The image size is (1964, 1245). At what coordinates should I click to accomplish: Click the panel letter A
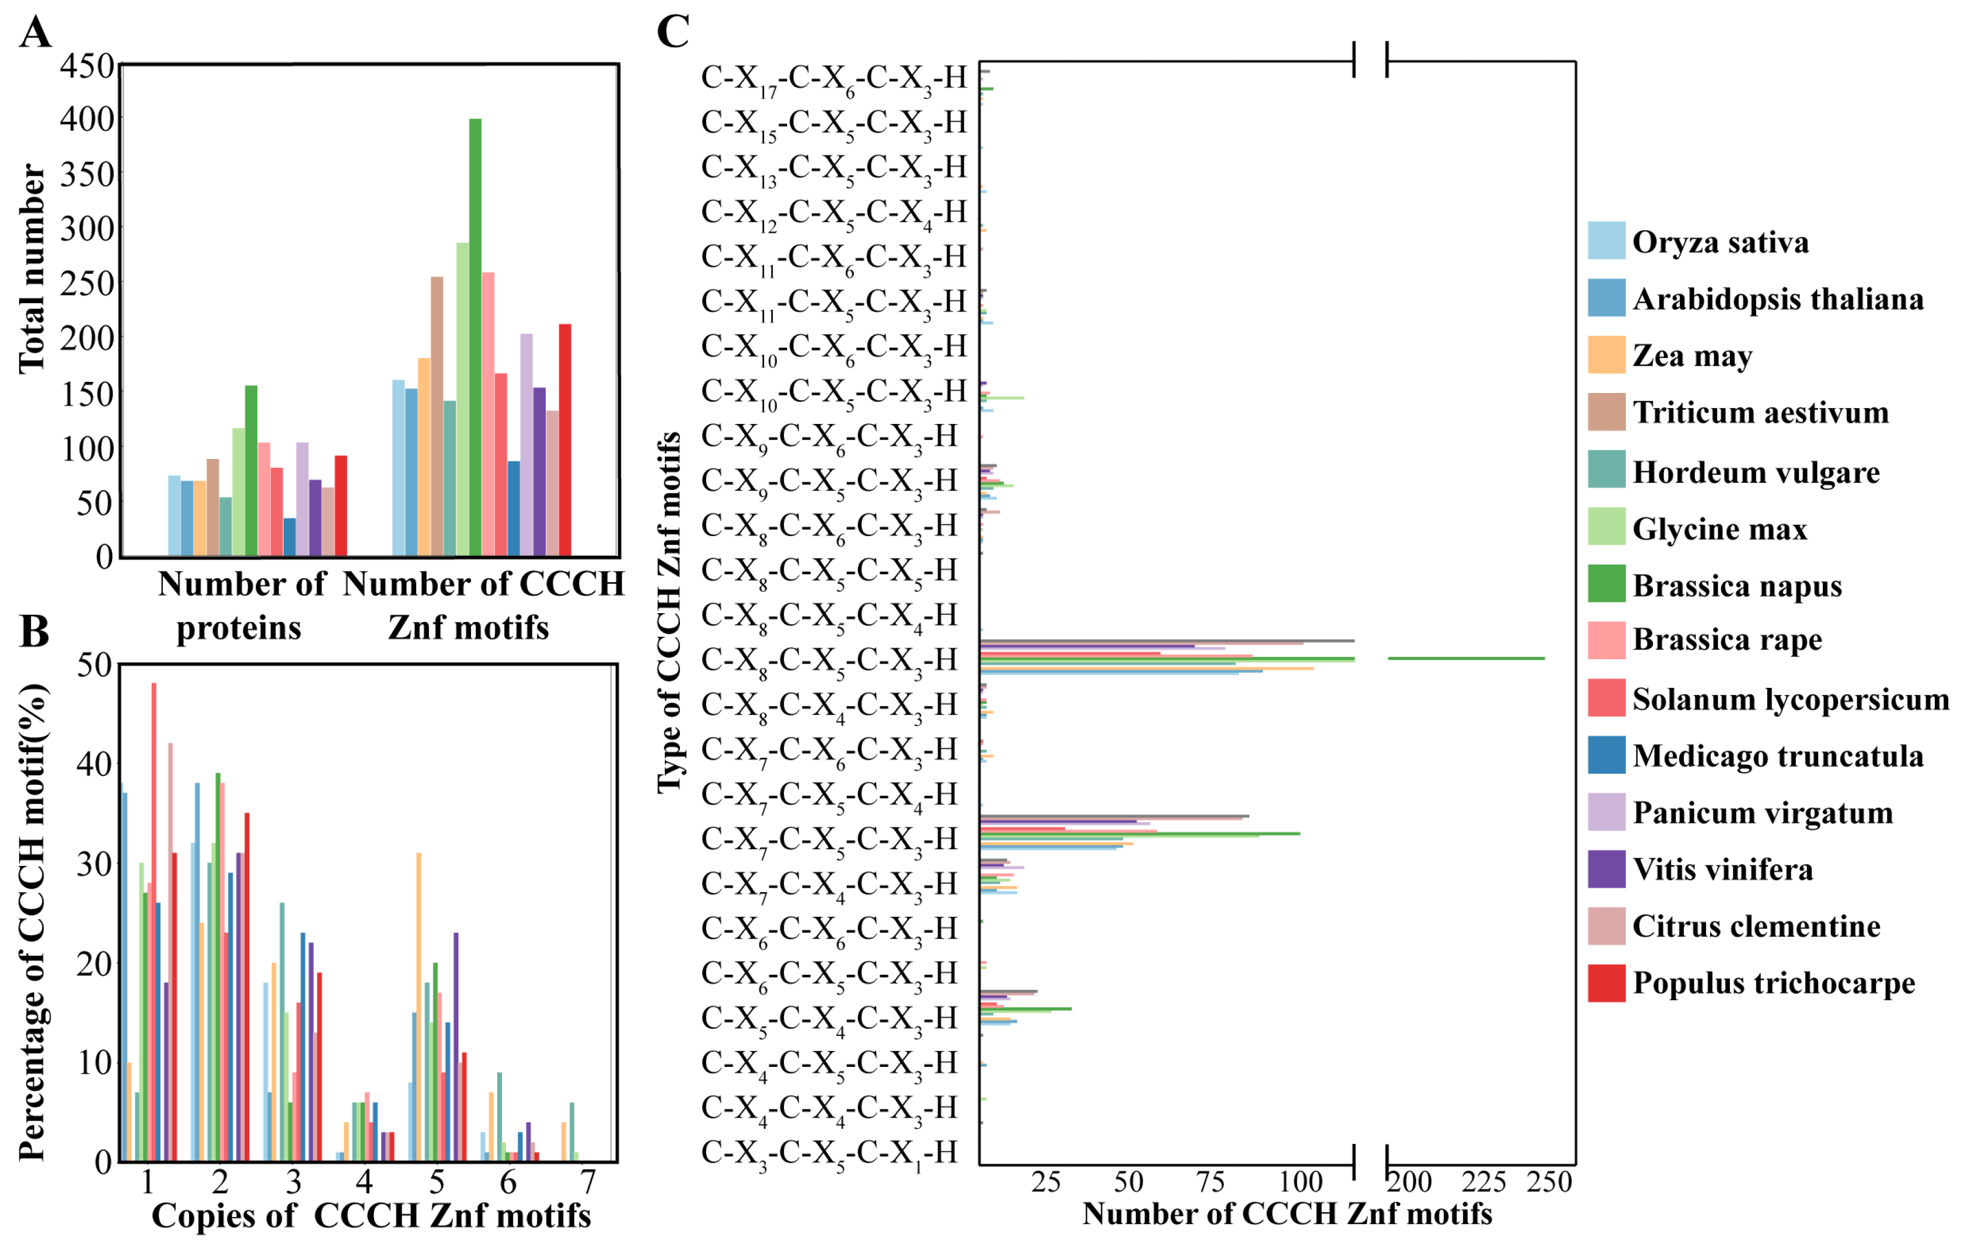35,33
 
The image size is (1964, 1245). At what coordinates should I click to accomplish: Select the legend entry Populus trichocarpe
1773,983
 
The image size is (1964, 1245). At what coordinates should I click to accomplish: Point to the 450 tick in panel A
86,65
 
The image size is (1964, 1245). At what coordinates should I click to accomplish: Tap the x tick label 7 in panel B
588,1181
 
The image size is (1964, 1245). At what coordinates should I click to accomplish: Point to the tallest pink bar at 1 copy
154,922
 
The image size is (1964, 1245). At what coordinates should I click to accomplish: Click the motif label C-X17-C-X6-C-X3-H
833,79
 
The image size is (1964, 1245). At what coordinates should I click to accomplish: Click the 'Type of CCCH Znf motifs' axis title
669,612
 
